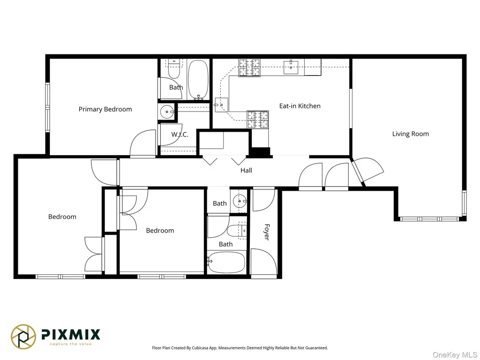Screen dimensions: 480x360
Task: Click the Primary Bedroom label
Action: point(105,109)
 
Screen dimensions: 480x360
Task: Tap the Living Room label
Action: point(411,134)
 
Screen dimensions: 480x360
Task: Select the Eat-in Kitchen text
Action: point(300,106)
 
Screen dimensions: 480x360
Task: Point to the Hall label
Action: point(246,170)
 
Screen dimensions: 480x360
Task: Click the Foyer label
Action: point(267,232)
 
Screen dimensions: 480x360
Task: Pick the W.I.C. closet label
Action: point(180,135)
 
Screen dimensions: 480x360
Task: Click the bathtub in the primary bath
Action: point(198,79)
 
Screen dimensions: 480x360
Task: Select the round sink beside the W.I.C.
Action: point(167,112)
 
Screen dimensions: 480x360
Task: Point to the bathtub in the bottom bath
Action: point(226,262)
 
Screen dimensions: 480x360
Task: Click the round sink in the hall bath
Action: point(240,202)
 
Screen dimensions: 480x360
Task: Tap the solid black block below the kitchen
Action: point(260,152)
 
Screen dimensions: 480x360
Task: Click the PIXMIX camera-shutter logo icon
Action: point(23,337)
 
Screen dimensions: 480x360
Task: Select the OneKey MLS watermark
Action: point(455,355)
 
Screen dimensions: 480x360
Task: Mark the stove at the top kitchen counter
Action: point(249,67)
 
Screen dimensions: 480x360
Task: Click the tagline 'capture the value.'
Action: point(71,344)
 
